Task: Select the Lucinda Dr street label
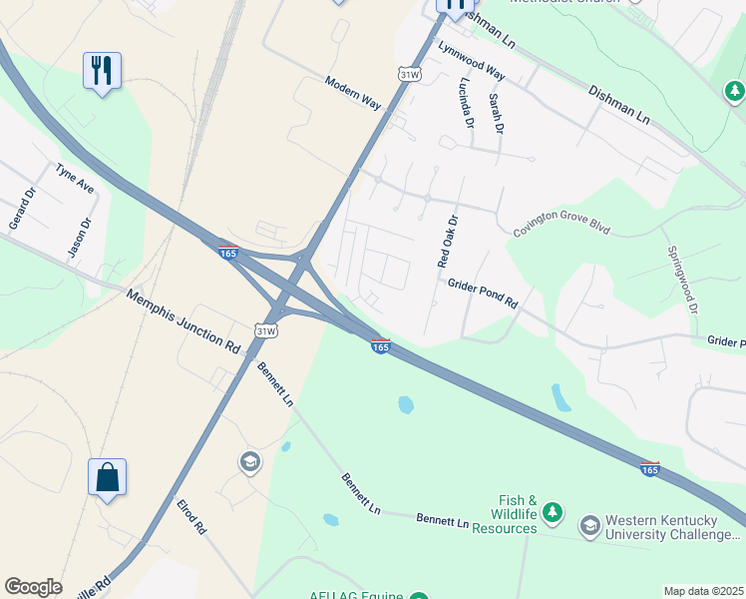[x=465, y=103]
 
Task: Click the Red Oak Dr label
[x=446, y=242]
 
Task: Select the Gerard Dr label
[x=22, y=209]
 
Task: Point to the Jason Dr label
[x=79, y=239]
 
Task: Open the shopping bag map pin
[x=108, y=477]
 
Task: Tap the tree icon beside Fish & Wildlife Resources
[x=554, y=513]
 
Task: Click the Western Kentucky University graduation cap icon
[x=589, y=524]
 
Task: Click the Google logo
[x=33, y=586]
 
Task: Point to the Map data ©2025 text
[x=702, y=591]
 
